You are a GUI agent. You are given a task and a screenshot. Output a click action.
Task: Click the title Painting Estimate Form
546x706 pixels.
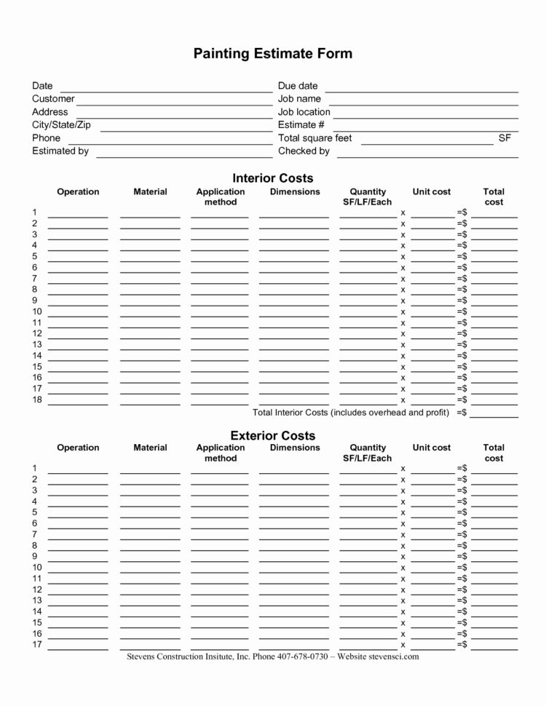[272, 53]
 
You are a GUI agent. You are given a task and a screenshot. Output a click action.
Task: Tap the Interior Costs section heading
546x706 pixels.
[272, 178]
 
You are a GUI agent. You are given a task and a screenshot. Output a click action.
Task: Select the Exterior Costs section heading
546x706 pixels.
[272, 435]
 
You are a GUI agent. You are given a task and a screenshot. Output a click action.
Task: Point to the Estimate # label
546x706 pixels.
[296, 124]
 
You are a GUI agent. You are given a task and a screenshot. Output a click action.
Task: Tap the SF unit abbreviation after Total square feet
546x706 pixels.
[505, 138]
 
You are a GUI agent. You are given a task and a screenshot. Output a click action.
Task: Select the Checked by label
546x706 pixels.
[304, 151]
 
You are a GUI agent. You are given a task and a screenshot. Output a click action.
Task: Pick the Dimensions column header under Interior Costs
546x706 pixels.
[295, 191]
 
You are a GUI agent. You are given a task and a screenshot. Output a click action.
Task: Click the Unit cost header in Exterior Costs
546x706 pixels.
[432, 448]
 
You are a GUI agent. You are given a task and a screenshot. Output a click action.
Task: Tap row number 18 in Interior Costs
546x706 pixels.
[37, 400]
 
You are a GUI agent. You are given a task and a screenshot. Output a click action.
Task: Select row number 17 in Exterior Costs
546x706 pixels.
[37, 645]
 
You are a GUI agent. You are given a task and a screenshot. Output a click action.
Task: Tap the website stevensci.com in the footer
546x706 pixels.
[394, 656]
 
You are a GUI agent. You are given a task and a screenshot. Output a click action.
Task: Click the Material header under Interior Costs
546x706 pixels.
[150, 191]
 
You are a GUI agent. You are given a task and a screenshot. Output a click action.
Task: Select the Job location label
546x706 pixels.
[304, 111]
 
